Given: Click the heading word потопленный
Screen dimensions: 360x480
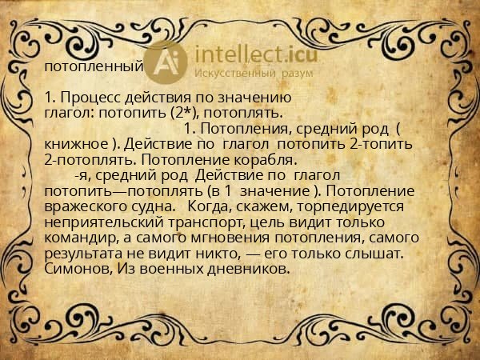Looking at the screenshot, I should [94, 66].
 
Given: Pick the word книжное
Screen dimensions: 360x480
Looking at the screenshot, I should [76, 144].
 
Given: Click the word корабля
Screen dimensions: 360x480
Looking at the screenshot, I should [256, 159].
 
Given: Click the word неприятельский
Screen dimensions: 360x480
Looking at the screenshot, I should [97, 222].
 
